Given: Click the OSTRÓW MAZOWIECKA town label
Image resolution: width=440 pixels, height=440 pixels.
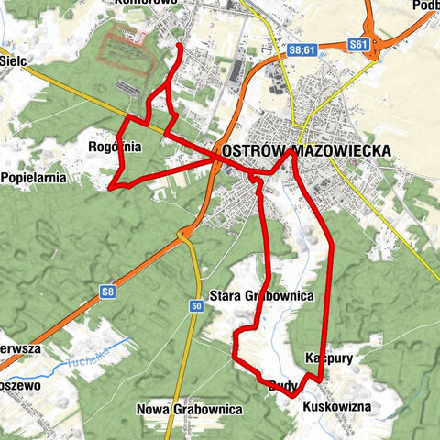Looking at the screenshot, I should coord(306,151).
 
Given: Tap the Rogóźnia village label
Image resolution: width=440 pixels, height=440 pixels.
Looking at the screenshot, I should coord(115,146).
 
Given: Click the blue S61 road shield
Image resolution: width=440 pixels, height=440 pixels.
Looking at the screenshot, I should coord(359,44).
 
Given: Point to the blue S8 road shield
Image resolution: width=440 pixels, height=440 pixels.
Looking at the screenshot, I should coord(108,292).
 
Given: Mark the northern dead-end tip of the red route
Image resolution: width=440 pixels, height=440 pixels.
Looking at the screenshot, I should coord(178,46).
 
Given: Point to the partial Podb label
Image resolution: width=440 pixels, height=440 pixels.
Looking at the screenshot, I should coord(425,5).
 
